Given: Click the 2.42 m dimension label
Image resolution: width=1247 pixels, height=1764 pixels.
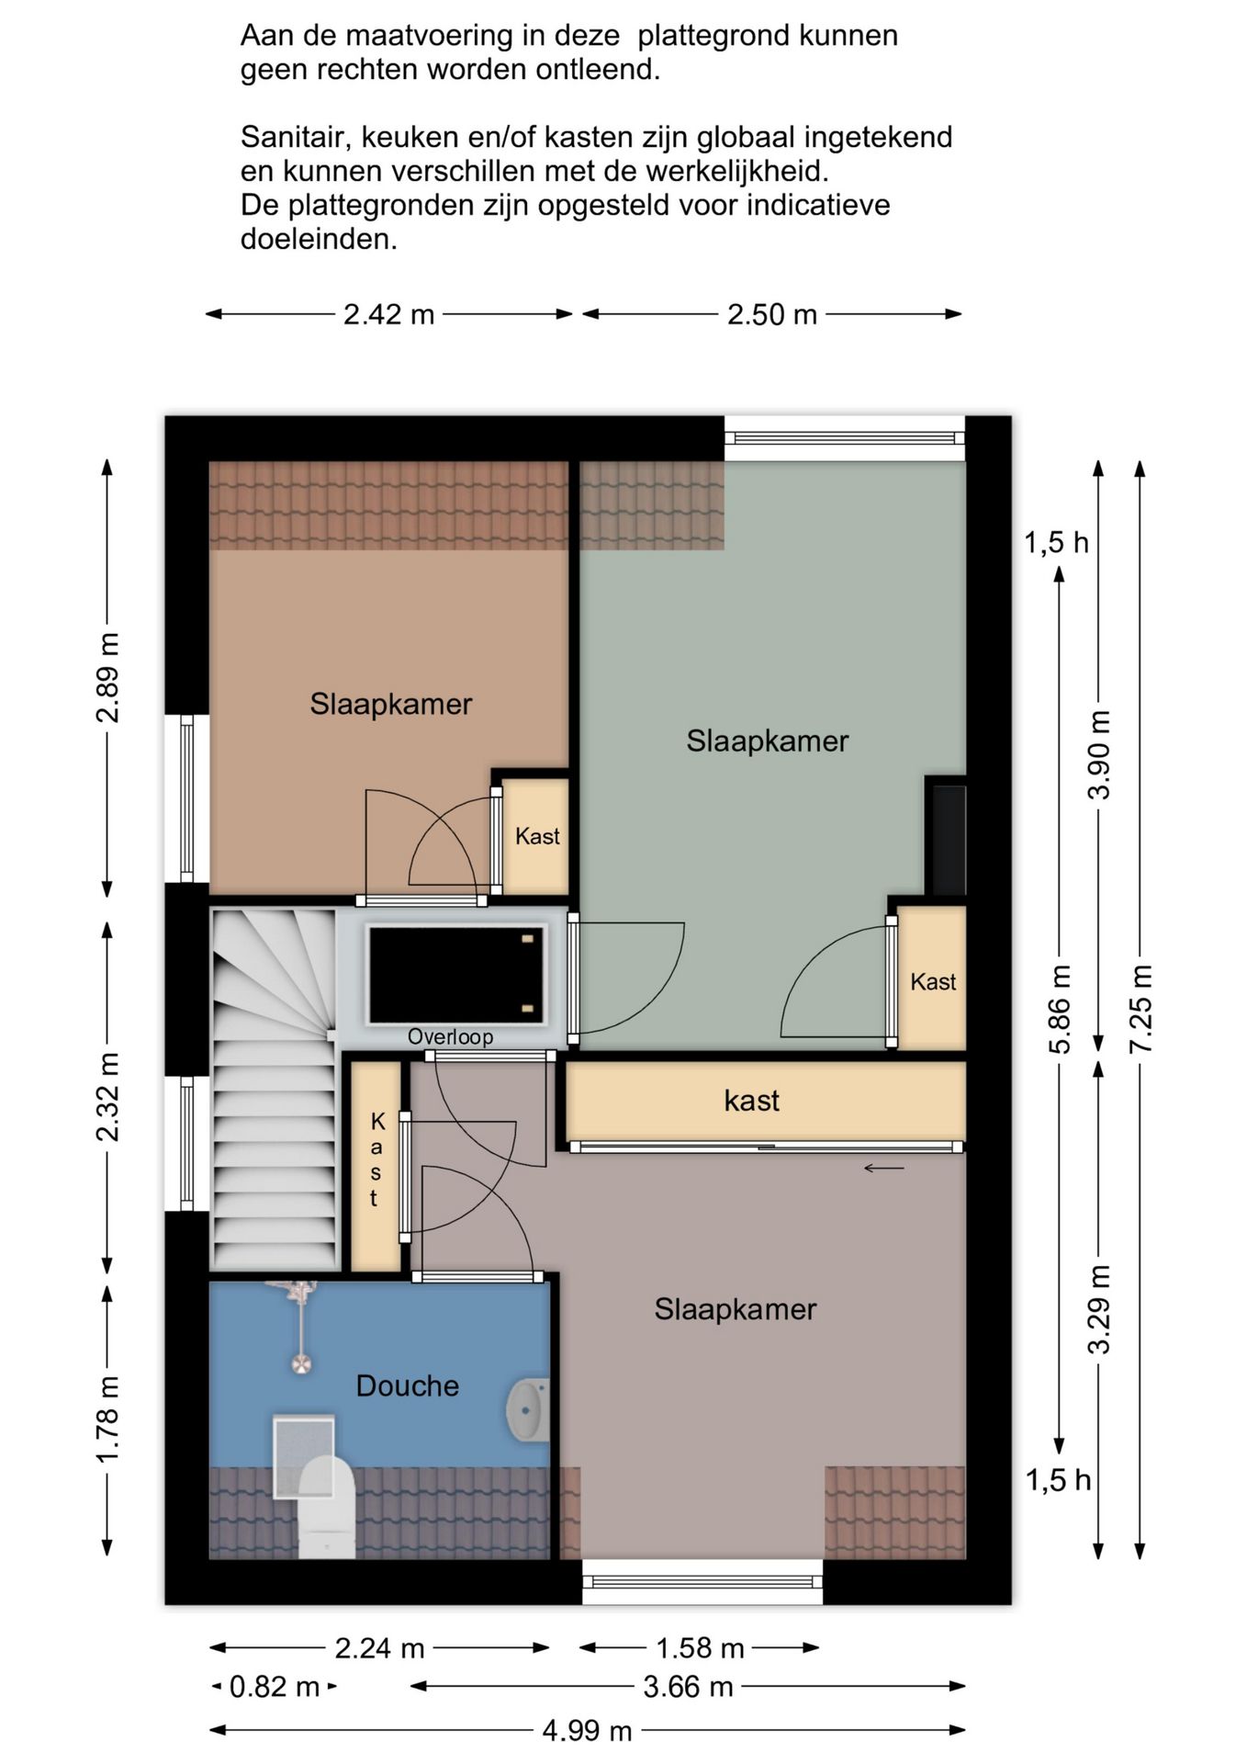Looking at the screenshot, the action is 388,314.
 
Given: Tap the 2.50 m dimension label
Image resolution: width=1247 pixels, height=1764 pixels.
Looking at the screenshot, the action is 772,314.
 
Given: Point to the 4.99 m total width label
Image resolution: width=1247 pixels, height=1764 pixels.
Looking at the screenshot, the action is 588,1731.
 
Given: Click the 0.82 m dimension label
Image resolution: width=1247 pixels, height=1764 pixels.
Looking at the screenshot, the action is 275,1686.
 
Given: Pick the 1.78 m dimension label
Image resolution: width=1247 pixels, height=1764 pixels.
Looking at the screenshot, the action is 108,1419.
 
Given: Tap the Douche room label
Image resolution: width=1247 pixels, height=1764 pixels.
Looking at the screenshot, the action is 408,1385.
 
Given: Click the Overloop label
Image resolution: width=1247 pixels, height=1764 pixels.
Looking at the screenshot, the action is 450,1036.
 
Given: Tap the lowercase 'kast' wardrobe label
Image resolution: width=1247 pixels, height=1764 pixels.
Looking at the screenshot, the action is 752,1100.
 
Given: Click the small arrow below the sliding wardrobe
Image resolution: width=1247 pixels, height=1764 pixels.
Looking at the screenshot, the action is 884,1169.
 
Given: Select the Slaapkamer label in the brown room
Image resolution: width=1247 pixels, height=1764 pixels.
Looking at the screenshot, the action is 391,704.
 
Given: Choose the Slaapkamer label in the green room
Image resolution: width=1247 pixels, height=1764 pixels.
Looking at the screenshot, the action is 768,741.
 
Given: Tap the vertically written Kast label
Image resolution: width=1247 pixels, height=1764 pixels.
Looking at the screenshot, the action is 376,1159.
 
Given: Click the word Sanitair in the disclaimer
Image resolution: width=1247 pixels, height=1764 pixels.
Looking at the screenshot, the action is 295,137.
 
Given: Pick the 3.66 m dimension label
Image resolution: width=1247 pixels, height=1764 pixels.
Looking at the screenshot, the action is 689,1686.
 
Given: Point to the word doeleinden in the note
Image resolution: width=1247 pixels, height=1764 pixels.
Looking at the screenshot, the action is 320,239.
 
